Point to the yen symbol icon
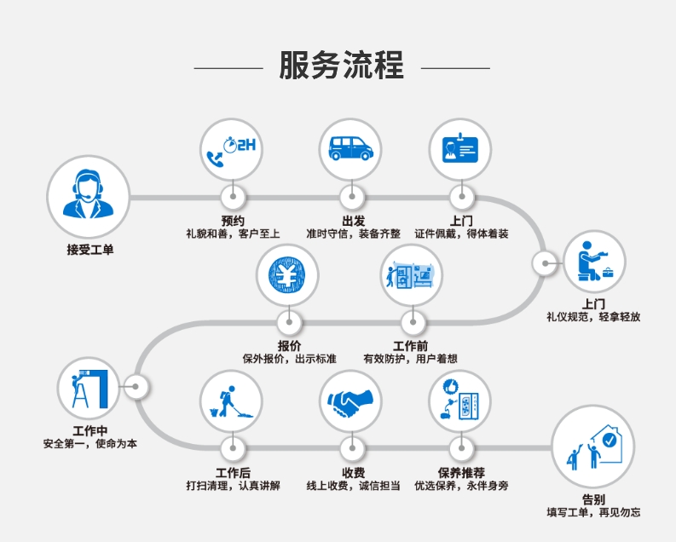289,276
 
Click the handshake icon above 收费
350,400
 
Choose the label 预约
232,219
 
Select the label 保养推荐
461,472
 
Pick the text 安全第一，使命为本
90,443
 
